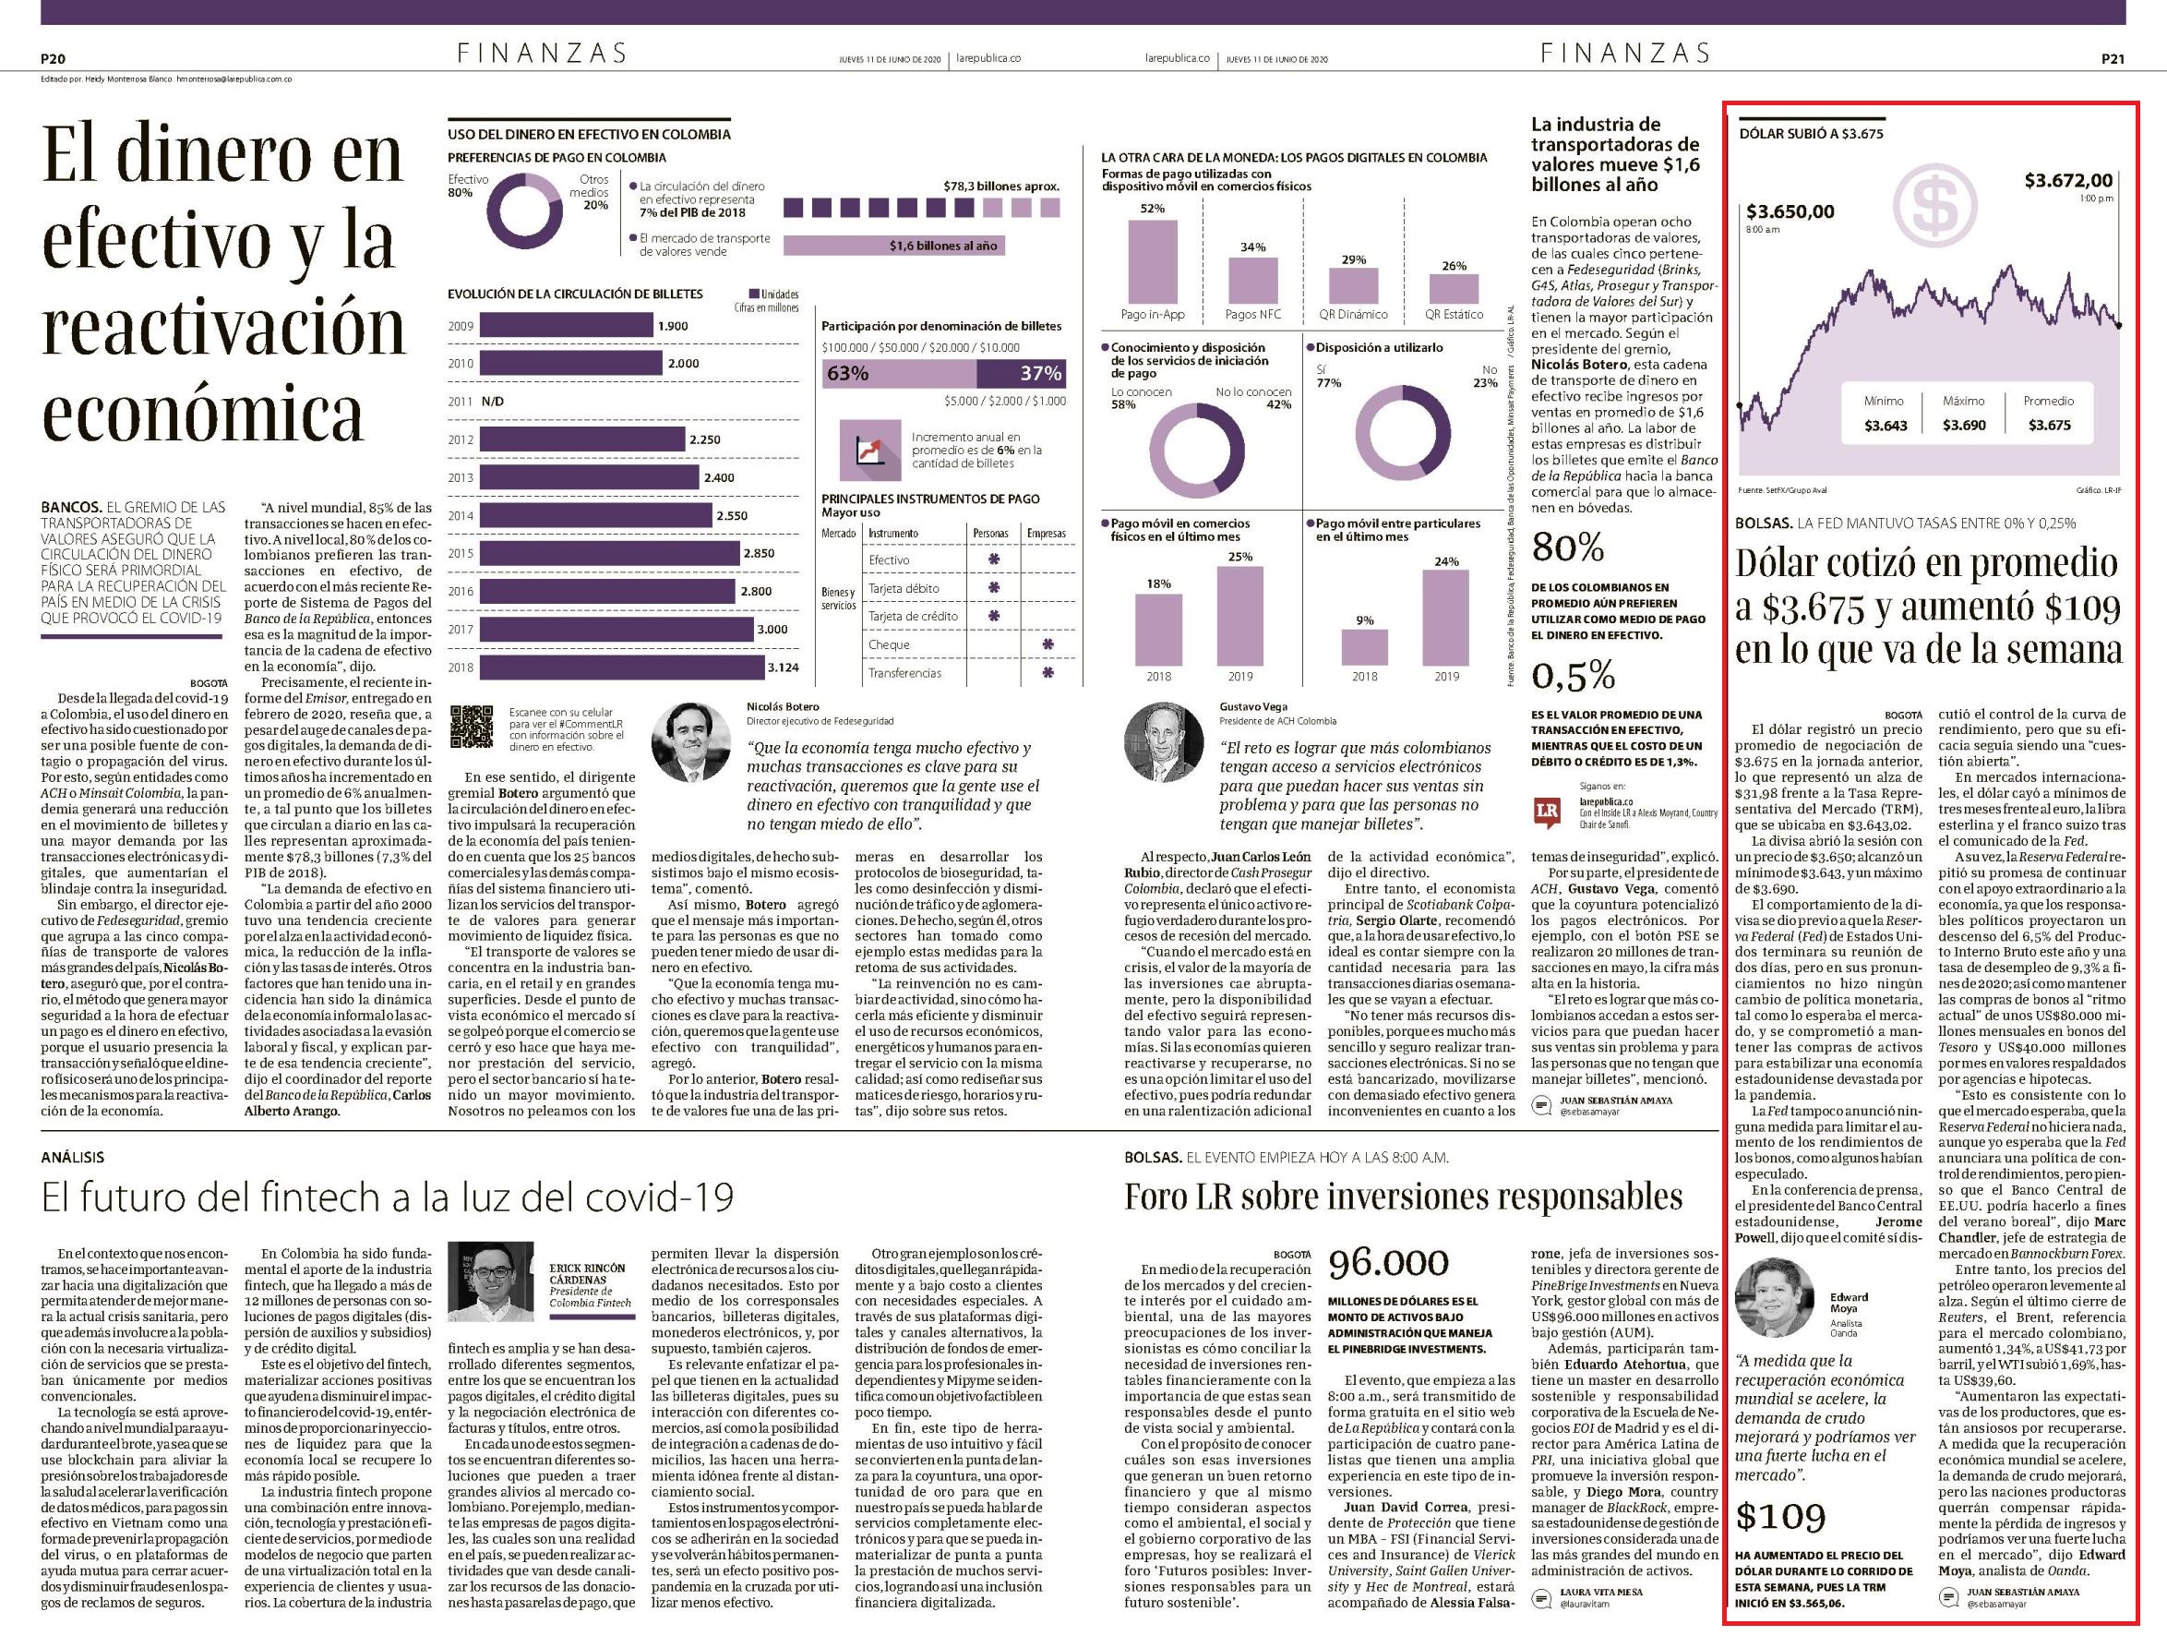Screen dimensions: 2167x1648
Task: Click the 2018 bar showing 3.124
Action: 622,667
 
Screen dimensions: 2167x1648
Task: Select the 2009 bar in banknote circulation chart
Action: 567,326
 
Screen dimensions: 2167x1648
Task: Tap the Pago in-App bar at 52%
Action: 1152,261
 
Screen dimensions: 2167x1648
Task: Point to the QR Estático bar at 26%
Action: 1455,287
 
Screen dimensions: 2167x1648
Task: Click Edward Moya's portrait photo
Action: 1775,1298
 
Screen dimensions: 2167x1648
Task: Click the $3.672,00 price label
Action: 2069,181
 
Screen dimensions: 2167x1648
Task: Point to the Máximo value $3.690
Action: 1964,425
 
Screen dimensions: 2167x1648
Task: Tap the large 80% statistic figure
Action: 1568,547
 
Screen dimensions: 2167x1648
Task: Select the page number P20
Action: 53,59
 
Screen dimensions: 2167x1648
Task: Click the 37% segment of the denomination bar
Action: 1022,374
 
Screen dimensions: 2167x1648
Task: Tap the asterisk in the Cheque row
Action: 1048,644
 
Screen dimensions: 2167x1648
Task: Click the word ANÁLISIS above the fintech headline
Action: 73,1158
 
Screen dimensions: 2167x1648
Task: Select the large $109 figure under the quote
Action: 1780,1517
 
